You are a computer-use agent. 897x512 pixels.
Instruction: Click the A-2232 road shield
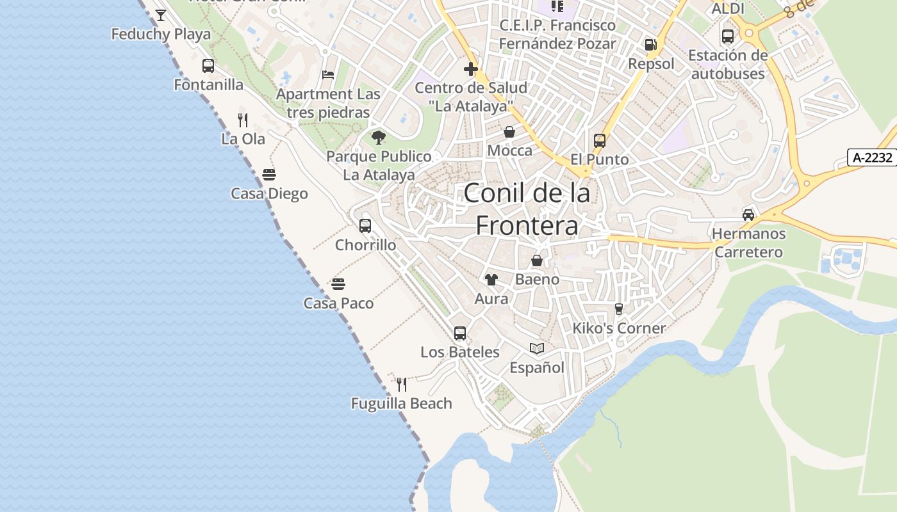coord(873,157)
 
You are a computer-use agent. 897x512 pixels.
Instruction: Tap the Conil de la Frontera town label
coord(527,209)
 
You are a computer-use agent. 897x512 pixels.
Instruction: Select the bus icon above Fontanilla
coord(208,65)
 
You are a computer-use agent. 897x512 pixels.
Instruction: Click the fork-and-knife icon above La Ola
coord(243,120)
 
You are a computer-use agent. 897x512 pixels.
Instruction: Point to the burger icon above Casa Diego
coord(269,175)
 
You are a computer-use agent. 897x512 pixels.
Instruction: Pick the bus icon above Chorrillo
coord(365,225)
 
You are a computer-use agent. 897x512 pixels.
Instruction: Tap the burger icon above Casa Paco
coord(338,284)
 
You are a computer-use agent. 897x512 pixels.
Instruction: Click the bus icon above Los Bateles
coord(460,333)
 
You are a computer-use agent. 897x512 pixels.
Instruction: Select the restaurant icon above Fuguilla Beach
coord(402,384)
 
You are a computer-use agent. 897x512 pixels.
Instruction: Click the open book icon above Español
coord(537,348)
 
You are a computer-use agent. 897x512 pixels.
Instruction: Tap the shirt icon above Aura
coord(491,279)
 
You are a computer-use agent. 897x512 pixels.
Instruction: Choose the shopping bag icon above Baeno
coord(537,260)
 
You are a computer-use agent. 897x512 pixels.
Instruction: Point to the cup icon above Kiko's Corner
coord(619,309)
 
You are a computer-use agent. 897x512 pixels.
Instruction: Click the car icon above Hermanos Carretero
coord(748,214)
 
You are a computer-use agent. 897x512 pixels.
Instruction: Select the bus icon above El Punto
coord(600,140)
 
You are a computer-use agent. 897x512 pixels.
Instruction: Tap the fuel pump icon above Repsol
coord(651,45)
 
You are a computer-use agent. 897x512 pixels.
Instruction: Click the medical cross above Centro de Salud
coord(471,68)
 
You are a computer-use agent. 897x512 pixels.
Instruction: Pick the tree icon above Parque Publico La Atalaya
coord(379,136)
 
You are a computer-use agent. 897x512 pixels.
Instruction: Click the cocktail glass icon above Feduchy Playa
coord(161,15)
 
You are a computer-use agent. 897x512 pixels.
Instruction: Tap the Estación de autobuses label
coord(728,64)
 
